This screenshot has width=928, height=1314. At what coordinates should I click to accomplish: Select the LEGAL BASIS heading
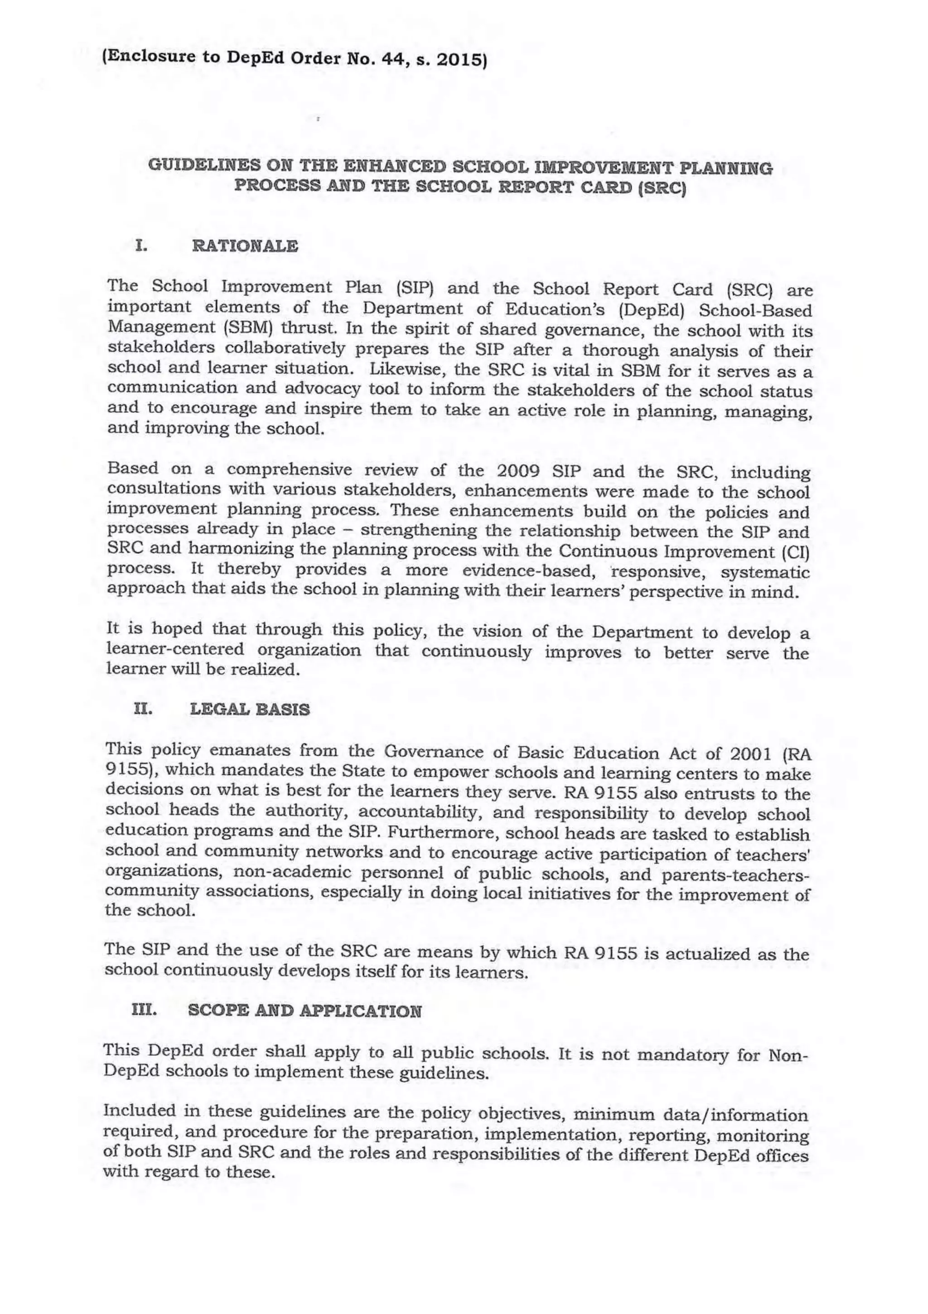(250, 710)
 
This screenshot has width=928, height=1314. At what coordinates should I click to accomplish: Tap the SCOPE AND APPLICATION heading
(304, 1011)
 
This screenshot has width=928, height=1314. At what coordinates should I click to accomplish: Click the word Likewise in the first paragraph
(406, 368)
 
